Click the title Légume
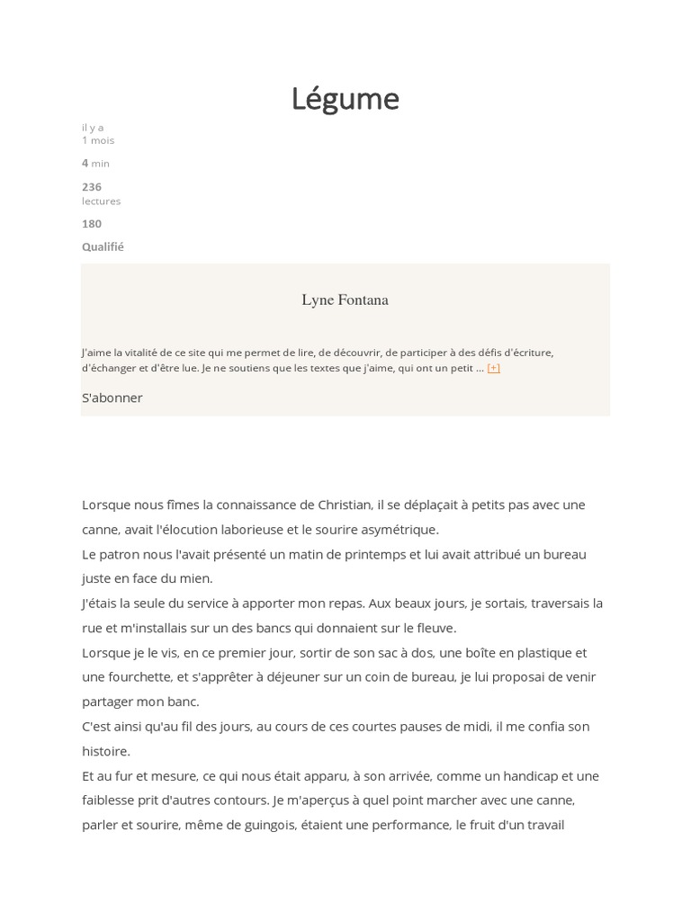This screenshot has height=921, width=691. (x=345, y=99)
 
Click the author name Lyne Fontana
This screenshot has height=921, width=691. (x=345, y=300)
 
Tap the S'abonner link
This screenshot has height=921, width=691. (x=112, y=398)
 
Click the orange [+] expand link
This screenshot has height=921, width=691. (x=494, y=368)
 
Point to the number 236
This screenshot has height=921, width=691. (x=92, y=187)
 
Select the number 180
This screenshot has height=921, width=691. (x=92, y=224)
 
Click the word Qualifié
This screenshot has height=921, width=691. (x=103, y=247)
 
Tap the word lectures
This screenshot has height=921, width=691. (x=101, y=201)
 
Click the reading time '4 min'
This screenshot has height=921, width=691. (x=95, y=164)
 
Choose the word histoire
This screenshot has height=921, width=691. (x=106, y=751)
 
